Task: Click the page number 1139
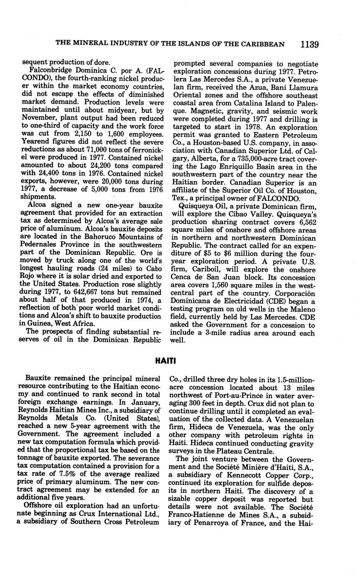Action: click(309, 44)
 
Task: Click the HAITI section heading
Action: click(166, 360)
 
